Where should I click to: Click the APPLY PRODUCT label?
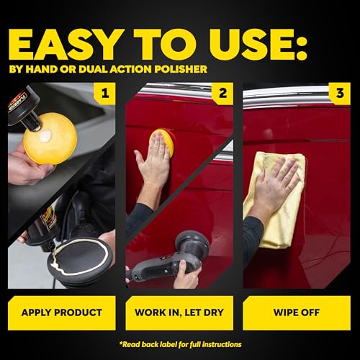(x=63, y=313)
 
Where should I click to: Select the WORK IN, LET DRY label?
(x=179, y=313)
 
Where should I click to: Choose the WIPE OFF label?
(x=296, y=313)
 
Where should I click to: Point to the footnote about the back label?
(x=180, y=343)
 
